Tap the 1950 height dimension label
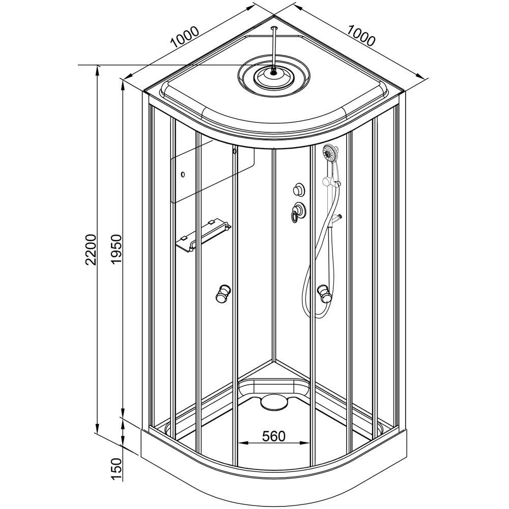[x=116, y=249]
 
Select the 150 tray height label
[x=116, y=469]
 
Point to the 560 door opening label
[x=274, y=436]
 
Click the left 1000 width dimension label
[x=184, y=37]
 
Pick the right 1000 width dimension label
[x=361, y=36]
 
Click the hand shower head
[x=330, y=153]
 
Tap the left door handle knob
[x=223, y=294]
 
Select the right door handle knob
[x=325, y=294]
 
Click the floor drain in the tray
[x=274, y=402]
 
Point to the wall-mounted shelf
[x=203, y=236]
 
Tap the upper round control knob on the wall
[x=299, y=189]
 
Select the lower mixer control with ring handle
[x=298, y=211]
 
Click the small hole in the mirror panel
[x=183, y=175]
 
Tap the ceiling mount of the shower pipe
[x=274, y=28]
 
